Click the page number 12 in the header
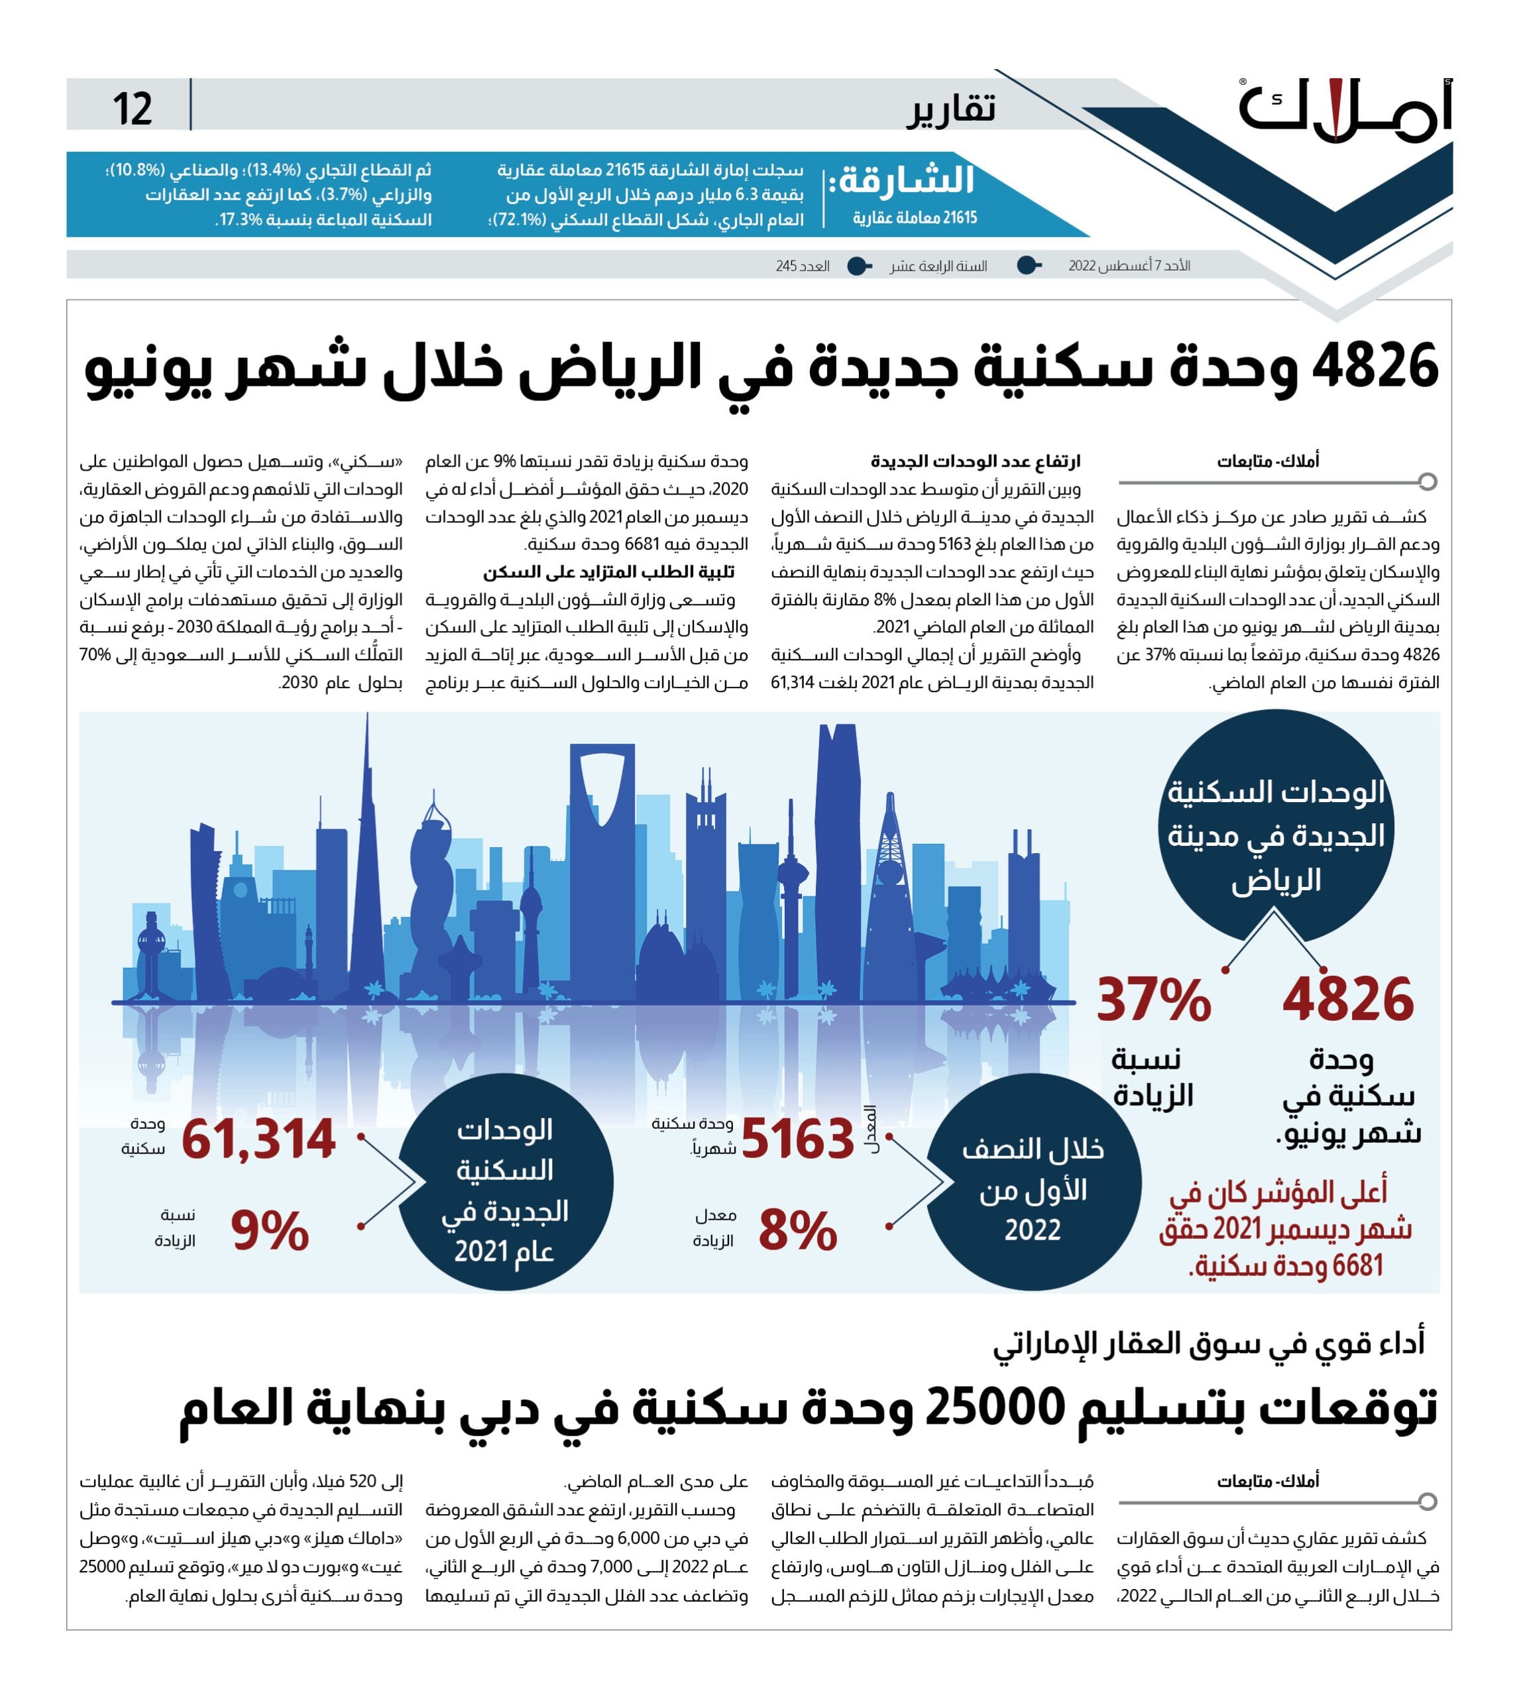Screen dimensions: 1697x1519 132,109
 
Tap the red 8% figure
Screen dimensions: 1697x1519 797,1231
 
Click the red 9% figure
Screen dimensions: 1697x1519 270,1231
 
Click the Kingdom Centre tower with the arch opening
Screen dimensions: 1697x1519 602,835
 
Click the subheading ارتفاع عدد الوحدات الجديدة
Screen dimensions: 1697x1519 975,461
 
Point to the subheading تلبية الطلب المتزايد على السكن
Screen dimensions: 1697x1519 608,572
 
